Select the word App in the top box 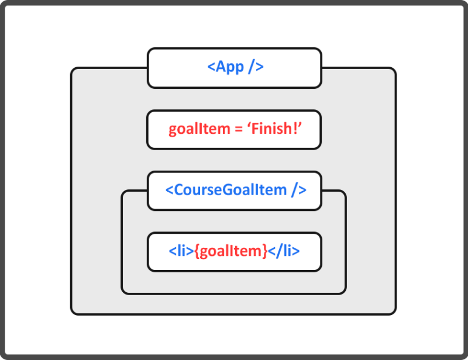(x=230, y=67)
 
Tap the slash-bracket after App (x=256, y=67)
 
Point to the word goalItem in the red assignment (x=199, y=129)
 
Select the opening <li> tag (x=181, y=252)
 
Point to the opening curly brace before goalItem (x=197, y=252)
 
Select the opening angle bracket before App (x=211, y=67)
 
